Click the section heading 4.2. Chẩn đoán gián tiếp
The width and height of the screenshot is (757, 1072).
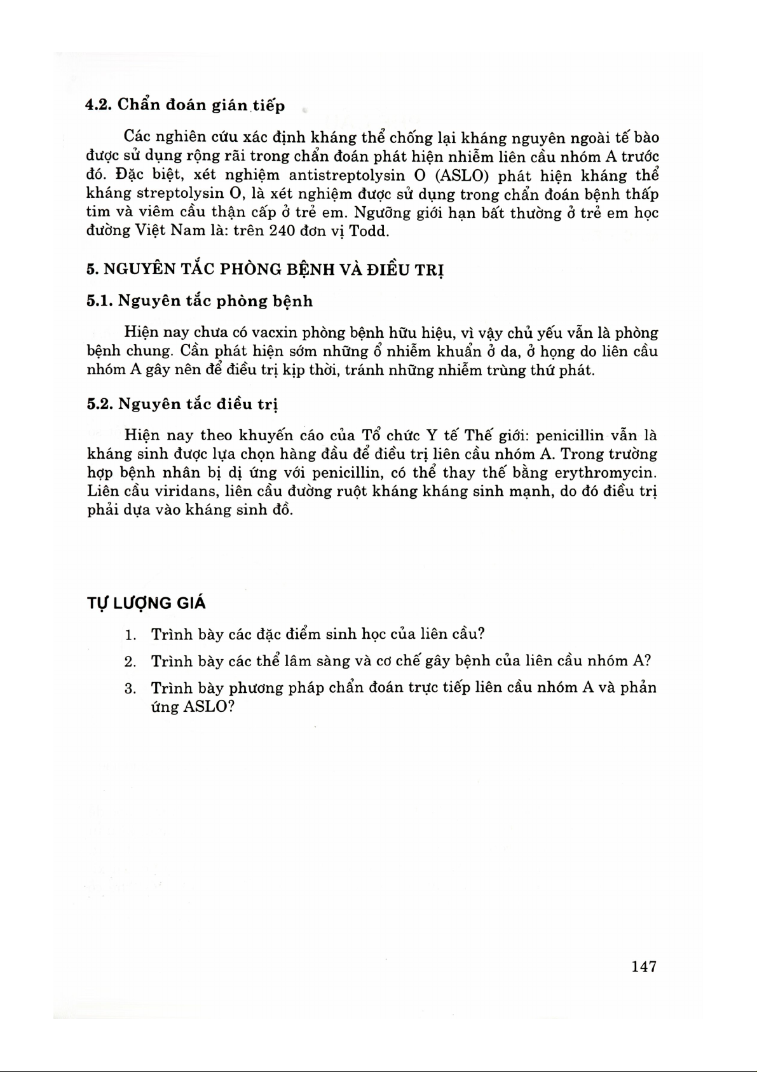pos(186,106)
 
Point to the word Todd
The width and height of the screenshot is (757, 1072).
pos(369,231)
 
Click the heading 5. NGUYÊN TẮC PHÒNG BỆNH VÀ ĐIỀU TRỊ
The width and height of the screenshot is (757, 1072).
pos(265,270)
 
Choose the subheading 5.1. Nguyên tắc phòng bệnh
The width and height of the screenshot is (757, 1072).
pos(200,301)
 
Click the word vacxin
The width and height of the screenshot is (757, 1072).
pos(275,333)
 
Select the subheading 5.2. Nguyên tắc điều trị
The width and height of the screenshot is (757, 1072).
pos(182,404)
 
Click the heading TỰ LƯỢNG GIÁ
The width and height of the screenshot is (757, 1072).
pos(146,603)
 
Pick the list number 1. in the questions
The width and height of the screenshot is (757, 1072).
pos(131,635)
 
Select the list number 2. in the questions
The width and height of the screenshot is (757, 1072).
pos(131,662)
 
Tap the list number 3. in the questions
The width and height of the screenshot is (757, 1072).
pos(131,688)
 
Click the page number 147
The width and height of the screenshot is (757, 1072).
pos(644,966)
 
